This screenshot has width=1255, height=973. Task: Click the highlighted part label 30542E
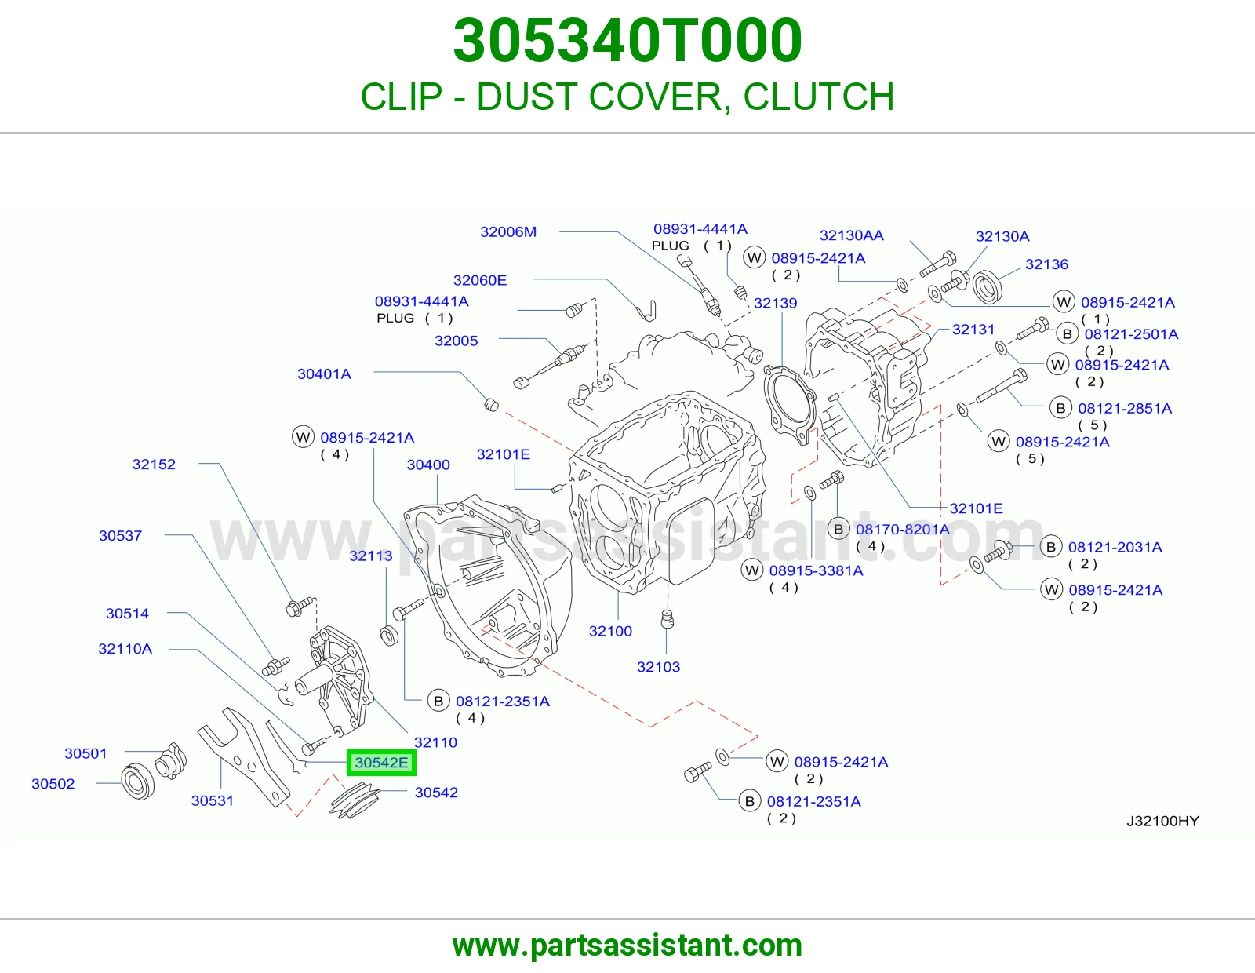click(x=381, y=763)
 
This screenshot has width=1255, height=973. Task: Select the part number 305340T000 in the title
click(x=627, y=41)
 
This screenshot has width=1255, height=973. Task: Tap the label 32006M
click(x=508, y=231)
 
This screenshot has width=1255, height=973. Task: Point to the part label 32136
click(x=1046, y=264)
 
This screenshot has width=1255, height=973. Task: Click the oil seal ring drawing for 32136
click(x=988, y=286)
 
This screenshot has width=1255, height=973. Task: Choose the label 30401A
click(x=324, y=374)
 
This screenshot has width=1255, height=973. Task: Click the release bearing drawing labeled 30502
click(x=139, y=782)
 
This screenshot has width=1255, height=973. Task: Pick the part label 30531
click(x=213, y=800)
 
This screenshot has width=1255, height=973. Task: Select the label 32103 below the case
click(x=658, y=667)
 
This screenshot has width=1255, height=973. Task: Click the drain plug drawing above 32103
click(x=667, y=619)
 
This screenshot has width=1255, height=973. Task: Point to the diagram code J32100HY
click(x=1162, y=821)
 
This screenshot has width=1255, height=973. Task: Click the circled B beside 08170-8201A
click(x=838, y=529)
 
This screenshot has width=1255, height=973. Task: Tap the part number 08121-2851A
click(x=1125, y=409)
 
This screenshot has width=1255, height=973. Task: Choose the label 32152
click(x=154, y=464)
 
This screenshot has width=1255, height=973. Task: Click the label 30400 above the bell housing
click(x=428, y=465)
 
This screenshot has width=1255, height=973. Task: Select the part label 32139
click(x=775, y=303)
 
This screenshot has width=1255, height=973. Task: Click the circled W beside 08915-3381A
click(x=752, y=571)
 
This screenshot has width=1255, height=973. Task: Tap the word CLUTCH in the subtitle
click(x=818, y=97)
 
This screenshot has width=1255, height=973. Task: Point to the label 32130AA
click(x=851, y=235)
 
